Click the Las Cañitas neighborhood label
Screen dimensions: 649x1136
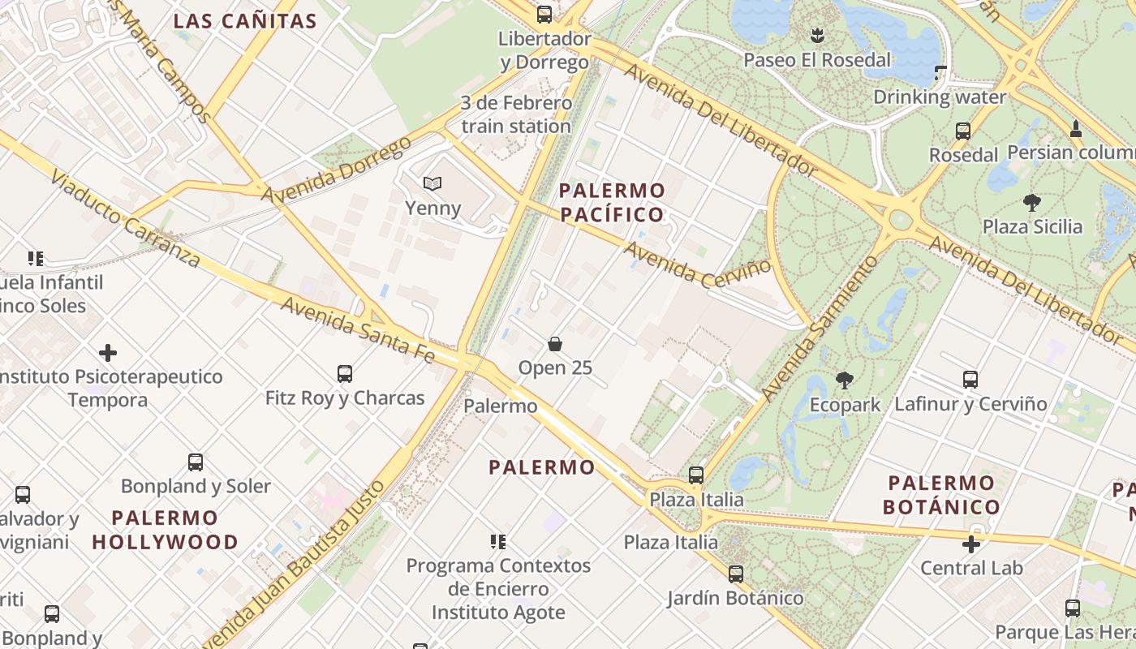tap(245, 21)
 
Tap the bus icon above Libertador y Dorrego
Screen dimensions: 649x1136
tap(544, 14)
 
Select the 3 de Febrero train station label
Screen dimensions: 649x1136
tap(516, 114)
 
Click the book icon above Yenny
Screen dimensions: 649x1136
tap(433, 184)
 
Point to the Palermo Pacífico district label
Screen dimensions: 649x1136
tap(613, 203)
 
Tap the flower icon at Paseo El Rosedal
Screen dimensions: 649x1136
tap(817, 35)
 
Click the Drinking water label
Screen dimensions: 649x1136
tap(940, 97)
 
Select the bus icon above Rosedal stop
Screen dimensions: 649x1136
tap(963, 131)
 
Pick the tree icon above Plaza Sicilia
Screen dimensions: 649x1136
tap(1032, 202)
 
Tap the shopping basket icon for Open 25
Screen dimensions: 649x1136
tap(555, 344)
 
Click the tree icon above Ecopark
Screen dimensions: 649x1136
tap(845, 380)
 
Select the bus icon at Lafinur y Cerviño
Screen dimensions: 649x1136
tap(970, 379)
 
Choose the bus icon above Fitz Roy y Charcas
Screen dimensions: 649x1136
tap(345, 374)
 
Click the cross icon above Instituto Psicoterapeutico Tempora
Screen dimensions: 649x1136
tap(108, 353)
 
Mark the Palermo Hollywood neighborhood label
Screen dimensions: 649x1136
tap(166, 530)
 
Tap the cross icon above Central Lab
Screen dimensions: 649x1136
tap(971, 544)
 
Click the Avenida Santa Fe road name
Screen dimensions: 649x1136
tap(359, 329)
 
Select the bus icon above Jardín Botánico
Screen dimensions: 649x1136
tap(736, 574)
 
